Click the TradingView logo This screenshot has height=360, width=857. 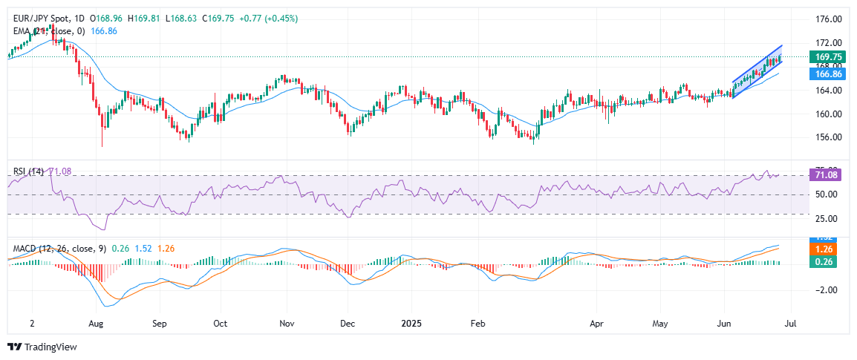(x=42, y=347)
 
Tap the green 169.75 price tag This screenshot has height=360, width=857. (x=827, y=56)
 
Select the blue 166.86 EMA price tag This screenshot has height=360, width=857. (x=827, y=74)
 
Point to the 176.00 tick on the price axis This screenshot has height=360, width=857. (x=827, y=19)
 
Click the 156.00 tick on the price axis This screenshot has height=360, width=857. (x=827, y=137)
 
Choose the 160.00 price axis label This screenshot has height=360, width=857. (x=827, y=114)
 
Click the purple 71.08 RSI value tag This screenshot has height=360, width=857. (x=827, y=175)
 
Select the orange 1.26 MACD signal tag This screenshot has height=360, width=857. (x=827, y=249)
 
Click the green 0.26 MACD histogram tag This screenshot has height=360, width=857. (x=827, y=261)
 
